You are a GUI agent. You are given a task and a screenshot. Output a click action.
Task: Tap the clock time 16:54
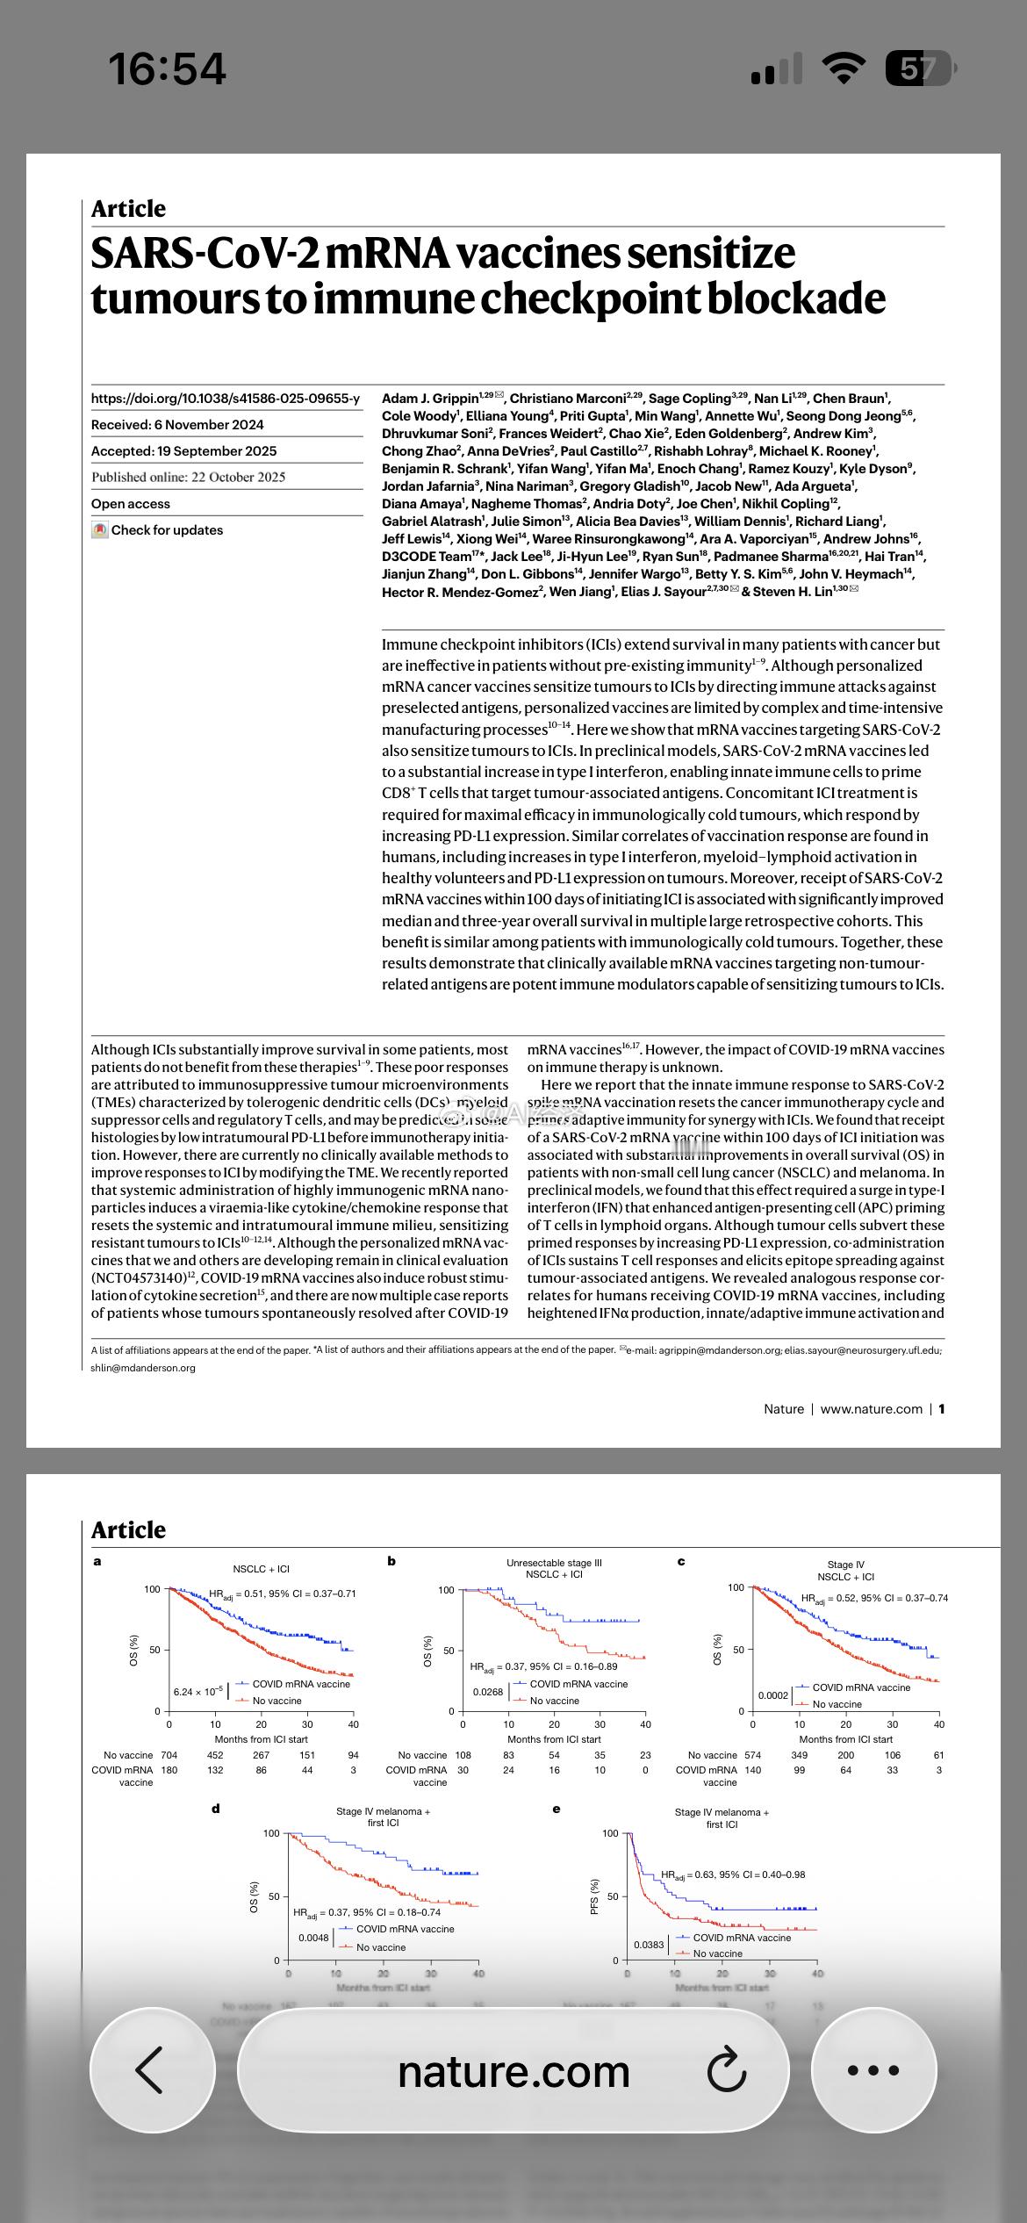pyautogui.click(x=167, y=68)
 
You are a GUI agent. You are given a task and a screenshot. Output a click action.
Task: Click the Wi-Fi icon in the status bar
pyautogui.click(x=844, y=68)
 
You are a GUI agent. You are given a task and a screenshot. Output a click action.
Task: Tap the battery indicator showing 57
pyautogui.click(x=918, y=68)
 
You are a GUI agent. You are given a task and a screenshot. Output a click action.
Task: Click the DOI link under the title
pyautogui.click(x=226, y=399)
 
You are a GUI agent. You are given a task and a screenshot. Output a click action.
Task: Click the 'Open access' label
pyautogui.click(x=131, y=504)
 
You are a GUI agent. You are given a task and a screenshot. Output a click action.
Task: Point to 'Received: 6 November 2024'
pyautogui.click(x=177, y=425)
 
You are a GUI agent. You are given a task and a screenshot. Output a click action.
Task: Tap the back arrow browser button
pyautogui.click(x=151, y=2069)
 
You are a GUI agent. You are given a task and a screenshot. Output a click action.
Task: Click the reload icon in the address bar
pyautogui.click(x=727, y=2070)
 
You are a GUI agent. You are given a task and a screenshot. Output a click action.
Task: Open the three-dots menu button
pyautogui.click(x=873, y=2069)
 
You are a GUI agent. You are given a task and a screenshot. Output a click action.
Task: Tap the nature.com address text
pyautogui.click(x=513, y=2071)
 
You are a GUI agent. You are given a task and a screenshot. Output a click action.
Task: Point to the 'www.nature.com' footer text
pyautogui.click(x=871, y=1409)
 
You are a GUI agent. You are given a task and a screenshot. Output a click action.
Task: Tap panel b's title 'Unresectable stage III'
pyautogui.click(x=554, y=1563)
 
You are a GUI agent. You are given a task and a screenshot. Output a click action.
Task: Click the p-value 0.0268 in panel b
pyautogui.click(x=487, y=1692)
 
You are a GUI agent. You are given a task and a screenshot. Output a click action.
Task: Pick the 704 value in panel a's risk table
pyautogui.click(x=169, y=1755)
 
